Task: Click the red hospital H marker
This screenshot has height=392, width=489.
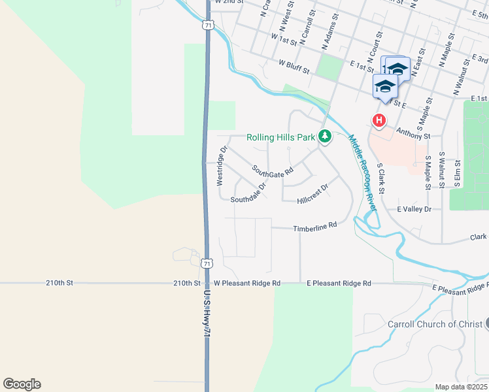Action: tap(379, 121)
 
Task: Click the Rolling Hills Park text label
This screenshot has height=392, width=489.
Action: tap(281, 138)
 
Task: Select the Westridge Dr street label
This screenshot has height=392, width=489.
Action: tap(222, 165)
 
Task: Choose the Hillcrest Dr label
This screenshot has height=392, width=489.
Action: tap(312, 194)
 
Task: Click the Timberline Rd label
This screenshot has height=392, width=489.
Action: tap(314, 225)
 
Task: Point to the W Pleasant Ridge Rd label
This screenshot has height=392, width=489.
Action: tap(247, 284)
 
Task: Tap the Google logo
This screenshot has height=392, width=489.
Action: tap(22, 384)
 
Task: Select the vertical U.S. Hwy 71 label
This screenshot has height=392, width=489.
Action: tap(207, 314)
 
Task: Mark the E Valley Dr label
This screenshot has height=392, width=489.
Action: tap(414, 209)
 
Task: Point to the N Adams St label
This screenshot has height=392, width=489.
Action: tap(331, 32)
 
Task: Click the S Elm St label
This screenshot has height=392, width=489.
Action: tap(458, 172)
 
